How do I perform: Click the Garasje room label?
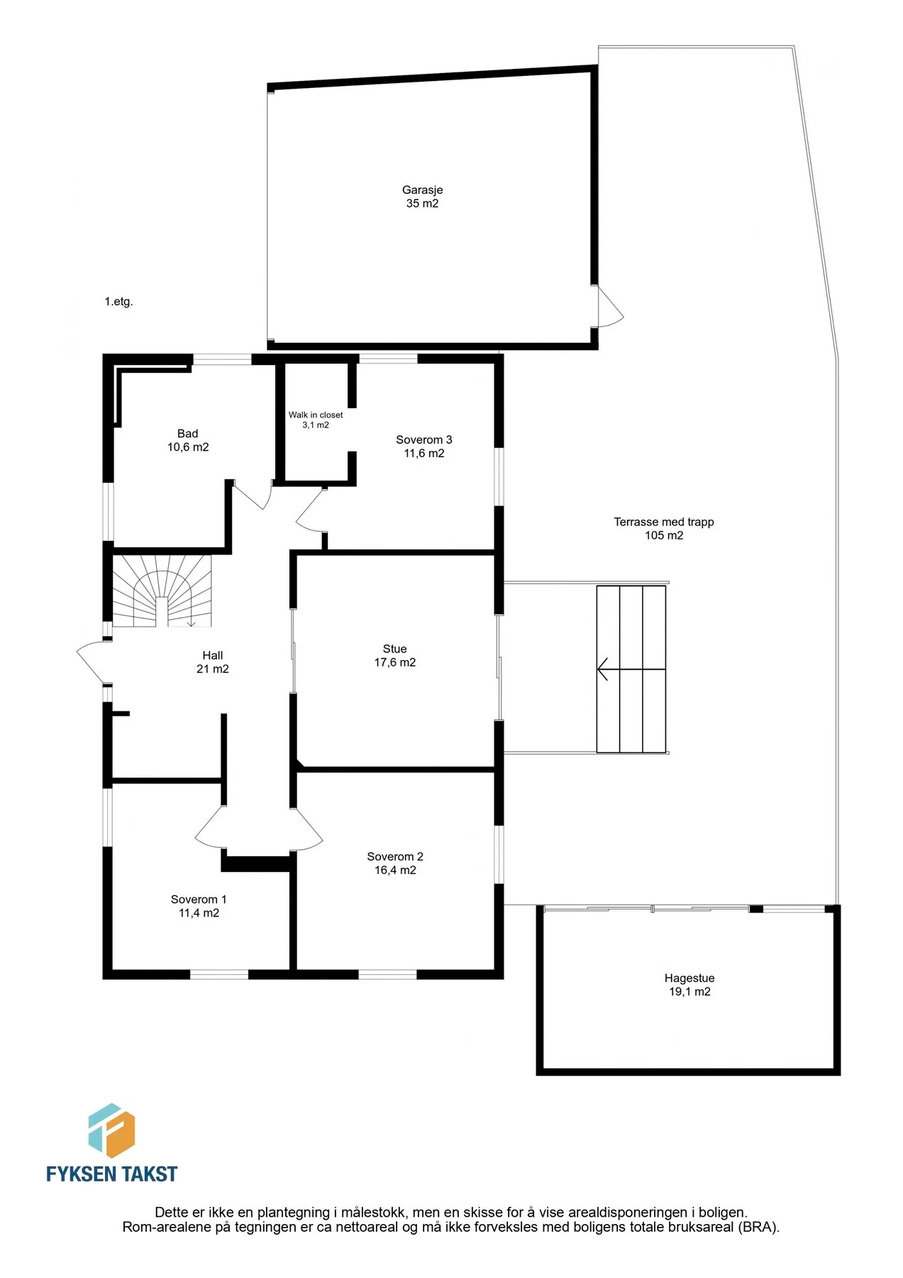pos(422,190)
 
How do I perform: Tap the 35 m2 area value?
pos(422,204)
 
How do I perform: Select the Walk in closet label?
pos(316,415)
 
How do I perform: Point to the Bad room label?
pos(187,434)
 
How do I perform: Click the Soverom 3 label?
pos(423,440)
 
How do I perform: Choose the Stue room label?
pos(394,649)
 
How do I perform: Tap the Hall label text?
pos(212,655)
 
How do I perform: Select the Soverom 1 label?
pos(199,900)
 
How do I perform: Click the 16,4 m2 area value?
pos(395,870)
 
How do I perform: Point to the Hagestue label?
pos(689,978)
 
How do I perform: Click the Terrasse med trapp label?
pos(664,522)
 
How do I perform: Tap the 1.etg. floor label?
pos(119,302)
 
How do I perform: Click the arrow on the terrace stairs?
pos(631,669)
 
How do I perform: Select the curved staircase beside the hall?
pos(162,591)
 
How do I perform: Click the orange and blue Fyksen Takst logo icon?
pos(111,1130)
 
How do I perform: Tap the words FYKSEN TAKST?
pos(111,1174)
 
